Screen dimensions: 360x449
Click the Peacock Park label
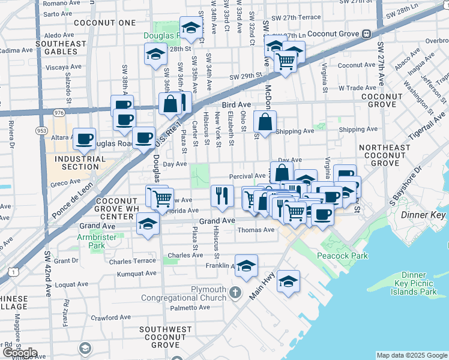coord(343,256)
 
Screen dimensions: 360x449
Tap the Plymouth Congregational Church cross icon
coord(235,293)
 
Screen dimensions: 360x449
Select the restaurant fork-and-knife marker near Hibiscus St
coord(222,195)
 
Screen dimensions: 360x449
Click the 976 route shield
coord(58,112)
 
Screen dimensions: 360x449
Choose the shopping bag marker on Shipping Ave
coord(265,122)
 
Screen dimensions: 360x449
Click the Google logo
coord(20,353)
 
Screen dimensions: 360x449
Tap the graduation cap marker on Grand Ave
coord(147,224)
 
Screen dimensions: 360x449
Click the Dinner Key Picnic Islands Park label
coord(416,283)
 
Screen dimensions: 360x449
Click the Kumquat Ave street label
coord(137,274)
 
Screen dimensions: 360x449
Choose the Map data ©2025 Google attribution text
coord(412,355)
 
